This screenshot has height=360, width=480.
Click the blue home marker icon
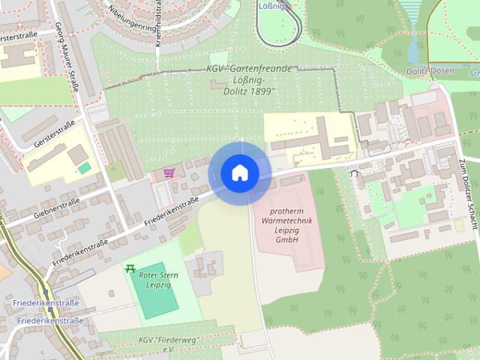[x=240, y=173]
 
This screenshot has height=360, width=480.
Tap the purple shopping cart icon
[x=169, y=173]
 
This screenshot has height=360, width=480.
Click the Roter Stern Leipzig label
[x=158, y=280]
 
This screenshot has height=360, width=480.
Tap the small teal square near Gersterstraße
[x=85, y=167]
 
